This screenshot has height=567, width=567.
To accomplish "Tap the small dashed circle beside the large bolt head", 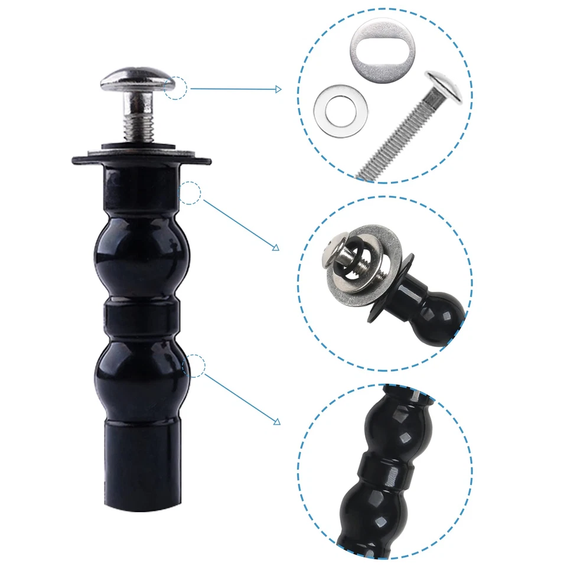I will pos(176,89).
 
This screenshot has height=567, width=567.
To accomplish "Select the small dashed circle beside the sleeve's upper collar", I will pos(190,193).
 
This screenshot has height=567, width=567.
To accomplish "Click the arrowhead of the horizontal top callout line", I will pos(278,89).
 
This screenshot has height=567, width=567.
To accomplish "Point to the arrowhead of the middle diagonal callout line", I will pos(275,247).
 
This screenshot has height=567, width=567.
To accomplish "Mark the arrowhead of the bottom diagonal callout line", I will pos(276,421).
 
